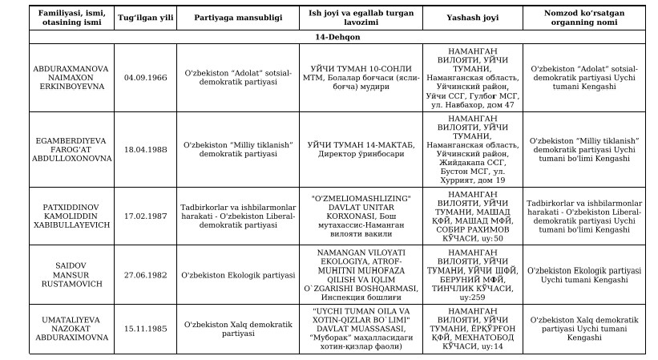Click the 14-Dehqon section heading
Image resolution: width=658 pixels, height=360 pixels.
(x=329, y=37)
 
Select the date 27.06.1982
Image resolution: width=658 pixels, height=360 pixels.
(x=146, y=275)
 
